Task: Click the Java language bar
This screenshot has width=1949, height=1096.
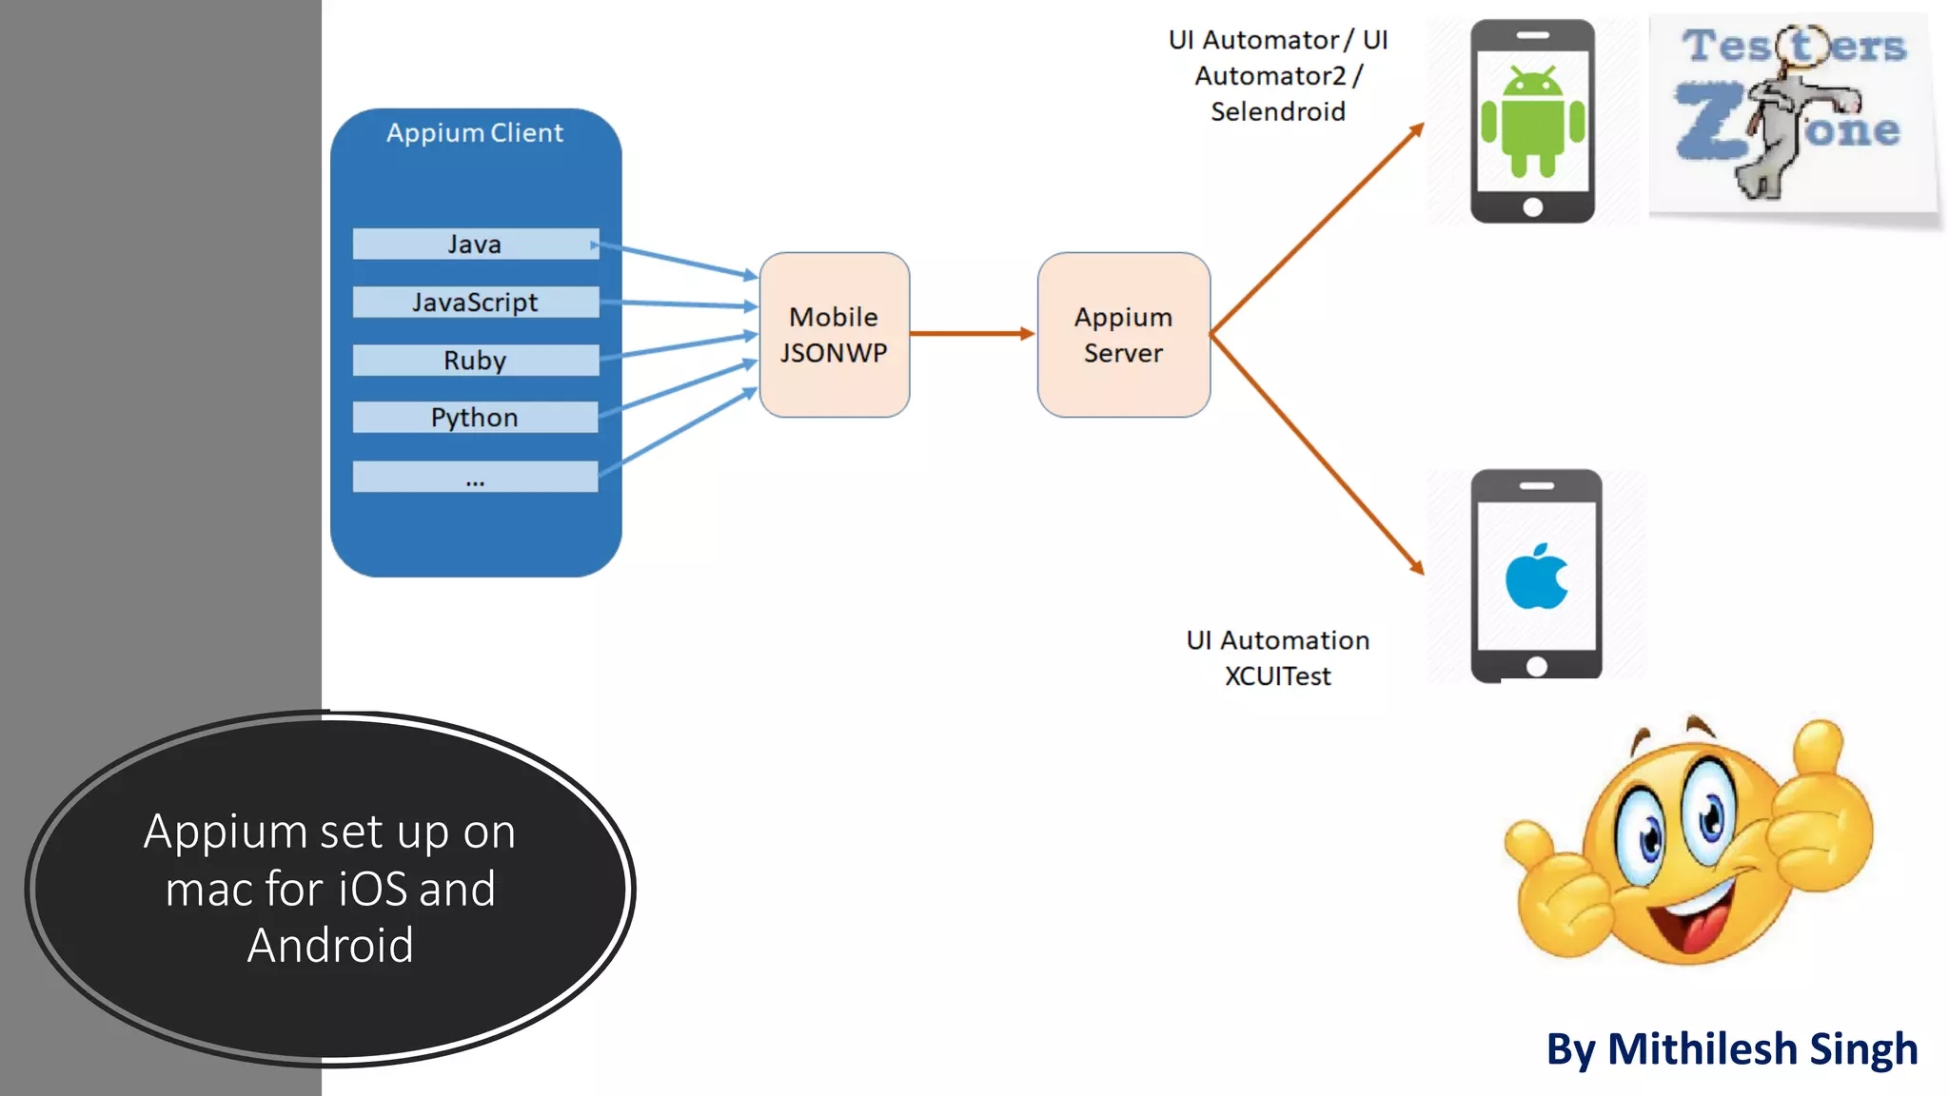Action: point(475,245)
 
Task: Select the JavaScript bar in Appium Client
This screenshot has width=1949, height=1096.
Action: point(475,303)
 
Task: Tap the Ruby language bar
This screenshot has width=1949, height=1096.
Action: point(475,361)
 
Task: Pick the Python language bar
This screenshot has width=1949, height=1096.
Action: point(475,418)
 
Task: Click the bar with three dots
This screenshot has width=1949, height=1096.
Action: point(475,477)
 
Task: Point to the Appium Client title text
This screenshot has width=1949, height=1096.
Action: point(475,133)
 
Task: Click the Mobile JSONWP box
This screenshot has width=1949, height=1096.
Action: point(835,335)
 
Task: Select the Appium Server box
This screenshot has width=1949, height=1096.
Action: point(1124,335)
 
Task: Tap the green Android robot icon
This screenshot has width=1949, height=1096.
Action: point(1532,122)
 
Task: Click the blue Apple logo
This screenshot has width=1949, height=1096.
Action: point(1536,577)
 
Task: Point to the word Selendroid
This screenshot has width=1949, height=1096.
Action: point(1278,112)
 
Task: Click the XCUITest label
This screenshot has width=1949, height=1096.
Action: point(1278,676)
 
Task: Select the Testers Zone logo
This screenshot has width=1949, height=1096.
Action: point(1792,112)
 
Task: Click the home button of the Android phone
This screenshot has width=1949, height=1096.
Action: point(1532,207)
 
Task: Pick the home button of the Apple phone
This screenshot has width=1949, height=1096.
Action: point(1536,666)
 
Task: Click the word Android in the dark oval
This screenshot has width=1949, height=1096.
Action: point(330,946)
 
